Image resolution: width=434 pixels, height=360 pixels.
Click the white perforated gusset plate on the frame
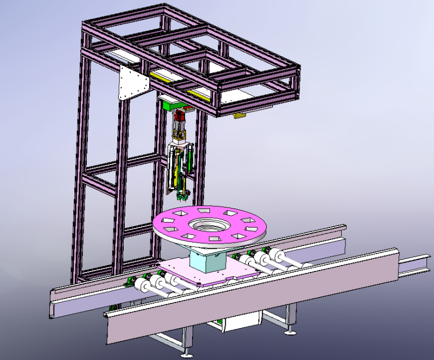click(132, 83)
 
